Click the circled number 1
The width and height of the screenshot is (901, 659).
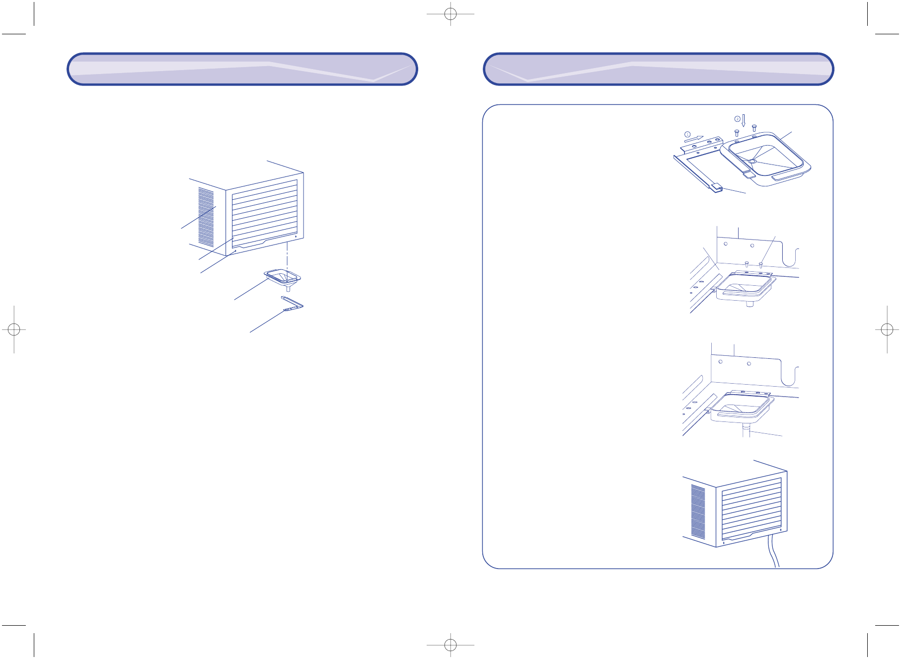point(687,134)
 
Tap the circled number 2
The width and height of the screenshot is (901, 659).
point(737,119)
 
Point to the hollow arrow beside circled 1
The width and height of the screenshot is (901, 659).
point(694,139)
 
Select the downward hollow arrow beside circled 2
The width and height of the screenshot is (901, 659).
point(744,121)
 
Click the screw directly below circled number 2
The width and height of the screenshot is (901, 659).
point(737,133)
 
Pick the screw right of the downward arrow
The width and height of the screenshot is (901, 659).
point(754,128)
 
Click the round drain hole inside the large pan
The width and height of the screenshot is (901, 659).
point(752,161)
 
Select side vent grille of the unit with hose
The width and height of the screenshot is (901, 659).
point(698,512)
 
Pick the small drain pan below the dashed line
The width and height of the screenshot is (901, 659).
point(283,277)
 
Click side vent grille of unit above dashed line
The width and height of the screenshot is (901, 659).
point(206,217)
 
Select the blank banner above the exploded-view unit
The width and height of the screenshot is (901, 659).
point(242,69)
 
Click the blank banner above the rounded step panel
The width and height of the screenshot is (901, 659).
point(658,69)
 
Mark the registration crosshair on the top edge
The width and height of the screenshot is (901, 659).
point(450,14)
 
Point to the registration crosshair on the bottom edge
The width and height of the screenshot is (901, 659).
point(450,645)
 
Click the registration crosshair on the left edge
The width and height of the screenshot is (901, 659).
point(14,329)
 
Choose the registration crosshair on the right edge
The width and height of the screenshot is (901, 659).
point(887,329)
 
